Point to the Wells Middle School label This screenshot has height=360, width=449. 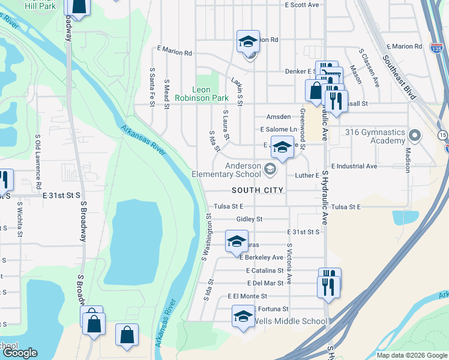[291, 321]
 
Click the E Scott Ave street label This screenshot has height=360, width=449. [302, 5]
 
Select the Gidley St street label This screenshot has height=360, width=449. [249, 219]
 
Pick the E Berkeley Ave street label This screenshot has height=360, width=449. [261, 257]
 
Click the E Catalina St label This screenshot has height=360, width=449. [265, 271]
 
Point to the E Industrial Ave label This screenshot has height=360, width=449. [354, 166]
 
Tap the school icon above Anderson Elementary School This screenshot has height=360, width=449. [282, 146]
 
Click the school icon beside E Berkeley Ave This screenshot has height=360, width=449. [237, 241]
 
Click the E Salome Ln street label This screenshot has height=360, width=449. [279, 130]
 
